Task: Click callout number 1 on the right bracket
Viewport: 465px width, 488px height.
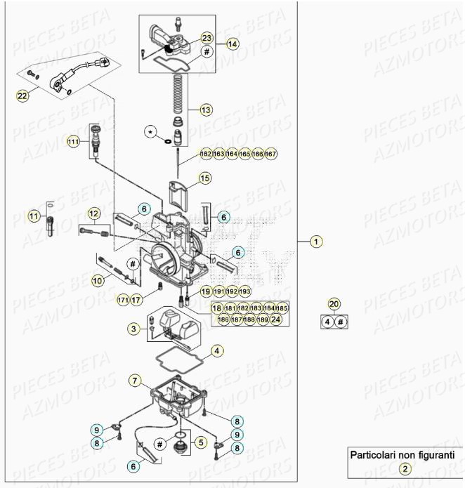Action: (x=317, y=242)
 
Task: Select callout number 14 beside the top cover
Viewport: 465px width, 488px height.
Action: (x=232, y=44)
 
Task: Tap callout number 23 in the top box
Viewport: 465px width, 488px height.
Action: (x=207, y=38)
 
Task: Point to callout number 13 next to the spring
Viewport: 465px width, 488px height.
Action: (x=205, y=110)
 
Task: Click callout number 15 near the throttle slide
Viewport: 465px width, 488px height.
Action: (x=204, y=178)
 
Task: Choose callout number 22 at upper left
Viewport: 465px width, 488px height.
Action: (x=22, y=95)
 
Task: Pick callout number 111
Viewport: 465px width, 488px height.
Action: (x=73, y=143)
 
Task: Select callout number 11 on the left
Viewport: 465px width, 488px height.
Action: (x=34, y=216)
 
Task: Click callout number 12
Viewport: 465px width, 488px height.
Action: (x=94, y=213)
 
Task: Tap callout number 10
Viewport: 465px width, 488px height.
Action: (x=98, y=279)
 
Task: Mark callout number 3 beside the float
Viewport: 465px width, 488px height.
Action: (x=133, y=327)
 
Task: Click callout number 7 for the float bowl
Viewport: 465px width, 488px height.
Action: (x=135, y=381)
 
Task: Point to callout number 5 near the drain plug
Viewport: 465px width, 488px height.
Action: (x=200, y=442)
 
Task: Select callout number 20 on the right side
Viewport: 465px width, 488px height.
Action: (x=334, y=304)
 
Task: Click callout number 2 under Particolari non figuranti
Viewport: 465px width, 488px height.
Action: (x=405, y=469)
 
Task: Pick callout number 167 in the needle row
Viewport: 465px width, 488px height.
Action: (x=271, y=154)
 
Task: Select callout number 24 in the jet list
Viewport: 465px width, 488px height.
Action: (x=277, y=319)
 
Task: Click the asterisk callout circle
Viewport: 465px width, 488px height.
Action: (x=150, y=131)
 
